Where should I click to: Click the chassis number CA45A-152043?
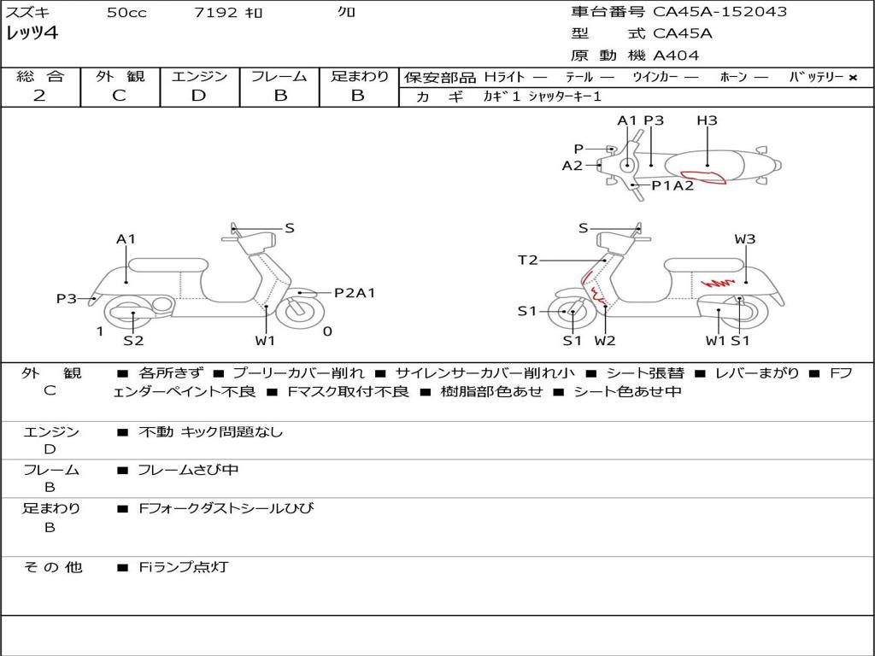[x=719, y=12]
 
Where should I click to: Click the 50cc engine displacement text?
[x=126, y=13]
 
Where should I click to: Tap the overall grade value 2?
[x=39, y=95]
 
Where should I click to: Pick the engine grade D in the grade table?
[x=198, y=95]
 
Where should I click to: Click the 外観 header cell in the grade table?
[x=120, y=76]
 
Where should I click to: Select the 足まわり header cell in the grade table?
[x=359, y=76]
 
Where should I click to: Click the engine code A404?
[x=676, y=56]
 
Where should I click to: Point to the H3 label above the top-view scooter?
[x=707, y=120]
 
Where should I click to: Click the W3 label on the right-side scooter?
[x=745, y=239]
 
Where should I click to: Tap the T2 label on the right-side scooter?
[x=528, y=260]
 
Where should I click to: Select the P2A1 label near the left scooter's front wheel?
[x=354, y=293]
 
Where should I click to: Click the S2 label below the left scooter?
[x=133, y=341]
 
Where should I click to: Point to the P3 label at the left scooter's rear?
[x=67, y=298]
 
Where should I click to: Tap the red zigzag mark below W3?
[x=719, y=282]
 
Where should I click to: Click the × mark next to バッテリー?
[x=853, y=77]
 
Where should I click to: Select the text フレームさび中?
[x=188, y=470]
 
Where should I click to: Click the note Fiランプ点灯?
[x=183, y=566]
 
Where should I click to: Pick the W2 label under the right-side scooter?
[x=605, y=341]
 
